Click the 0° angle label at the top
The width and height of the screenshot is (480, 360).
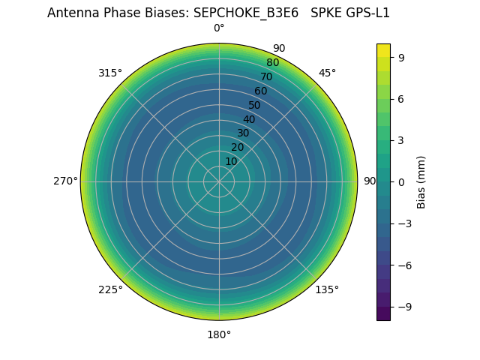219,28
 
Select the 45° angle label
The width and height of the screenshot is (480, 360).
327,73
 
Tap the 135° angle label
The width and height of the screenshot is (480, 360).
327,289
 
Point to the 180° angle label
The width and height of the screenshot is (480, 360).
219,334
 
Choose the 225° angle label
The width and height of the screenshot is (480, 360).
110,289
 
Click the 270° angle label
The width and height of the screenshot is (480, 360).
65,181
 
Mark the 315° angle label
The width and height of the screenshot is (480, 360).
110,73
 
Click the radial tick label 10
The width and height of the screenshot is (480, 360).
231,161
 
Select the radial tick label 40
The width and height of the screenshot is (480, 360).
249,119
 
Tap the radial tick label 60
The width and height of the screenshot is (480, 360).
260,91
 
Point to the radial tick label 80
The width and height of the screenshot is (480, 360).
272,63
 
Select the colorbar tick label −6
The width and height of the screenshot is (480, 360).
404,265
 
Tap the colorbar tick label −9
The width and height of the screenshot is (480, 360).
404,307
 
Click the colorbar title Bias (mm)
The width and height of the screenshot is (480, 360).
421,181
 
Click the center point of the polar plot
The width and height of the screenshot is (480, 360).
219,181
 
